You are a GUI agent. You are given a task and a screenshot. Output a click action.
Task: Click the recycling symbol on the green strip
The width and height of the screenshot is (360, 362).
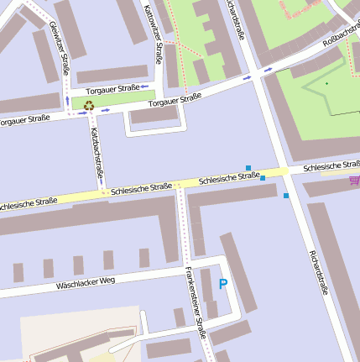click(x=88, y=105)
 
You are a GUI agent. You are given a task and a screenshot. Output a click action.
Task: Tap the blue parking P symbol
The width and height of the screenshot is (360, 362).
click(x=222, y=285)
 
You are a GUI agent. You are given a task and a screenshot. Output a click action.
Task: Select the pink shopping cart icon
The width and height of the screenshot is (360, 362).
click(x=354, y=180)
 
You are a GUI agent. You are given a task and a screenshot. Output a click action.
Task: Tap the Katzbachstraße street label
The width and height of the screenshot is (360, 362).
click(x=97, y=154)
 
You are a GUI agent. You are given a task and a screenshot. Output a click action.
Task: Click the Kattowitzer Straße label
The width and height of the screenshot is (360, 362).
click(x=154, y=34)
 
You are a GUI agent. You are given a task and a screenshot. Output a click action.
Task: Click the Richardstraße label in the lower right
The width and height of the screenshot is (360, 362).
click(x=317, y=275)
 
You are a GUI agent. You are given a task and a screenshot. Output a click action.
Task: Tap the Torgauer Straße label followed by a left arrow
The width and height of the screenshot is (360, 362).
click(x=111, y=88)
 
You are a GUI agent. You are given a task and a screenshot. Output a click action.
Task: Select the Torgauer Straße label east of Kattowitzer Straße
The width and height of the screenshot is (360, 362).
click(x=175, y=100)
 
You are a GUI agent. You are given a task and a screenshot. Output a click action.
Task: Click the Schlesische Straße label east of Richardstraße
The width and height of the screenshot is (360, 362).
click(x=331, y=166)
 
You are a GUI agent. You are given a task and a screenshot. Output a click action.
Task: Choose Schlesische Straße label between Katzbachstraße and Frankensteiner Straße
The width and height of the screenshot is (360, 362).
click(x=141, y=189)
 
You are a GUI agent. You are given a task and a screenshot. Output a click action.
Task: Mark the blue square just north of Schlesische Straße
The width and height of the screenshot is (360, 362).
click(x=248, y=168)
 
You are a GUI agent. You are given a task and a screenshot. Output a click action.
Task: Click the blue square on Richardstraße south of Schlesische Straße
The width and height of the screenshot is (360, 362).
click(x=286, y=196)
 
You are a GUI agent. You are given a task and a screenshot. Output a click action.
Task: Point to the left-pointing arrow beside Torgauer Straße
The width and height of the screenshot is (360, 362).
click(x=144, y=87)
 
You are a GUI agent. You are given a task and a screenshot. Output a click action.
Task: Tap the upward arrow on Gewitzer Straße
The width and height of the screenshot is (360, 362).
click(x=68, y=100)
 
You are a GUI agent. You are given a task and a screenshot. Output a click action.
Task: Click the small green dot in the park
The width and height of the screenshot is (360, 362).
click(x=326, y=83)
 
